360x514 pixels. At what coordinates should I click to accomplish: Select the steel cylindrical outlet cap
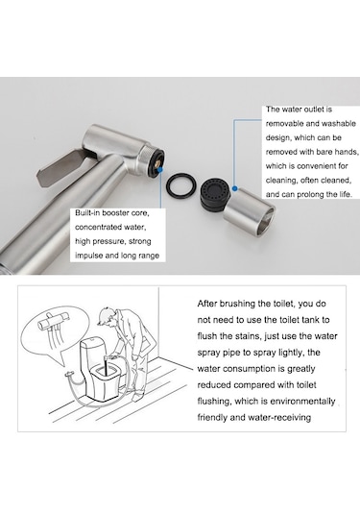250,211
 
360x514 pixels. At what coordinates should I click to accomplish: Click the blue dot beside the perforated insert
234,188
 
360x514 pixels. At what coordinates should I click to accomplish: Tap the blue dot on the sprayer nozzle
160,170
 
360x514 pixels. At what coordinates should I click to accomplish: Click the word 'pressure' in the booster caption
108,241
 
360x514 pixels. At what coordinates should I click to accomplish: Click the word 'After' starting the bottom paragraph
207,304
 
